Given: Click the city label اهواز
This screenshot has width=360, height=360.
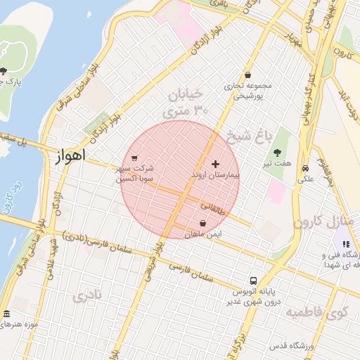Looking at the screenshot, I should click(x=68, y=155).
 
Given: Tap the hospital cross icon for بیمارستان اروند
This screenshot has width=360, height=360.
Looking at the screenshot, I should click(x=215, y=164).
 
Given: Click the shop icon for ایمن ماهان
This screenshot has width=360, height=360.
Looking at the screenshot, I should click(x=203, y=223).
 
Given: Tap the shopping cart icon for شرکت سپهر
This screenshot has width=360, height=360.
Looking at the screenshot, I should click(x=134, y=157).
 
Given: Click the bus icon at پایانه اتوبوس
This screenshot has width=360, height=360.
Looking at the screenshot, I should click(x=253, y=279).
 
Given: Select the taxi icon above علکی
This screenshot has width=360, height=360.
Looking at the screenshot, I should click(x=306, y=169).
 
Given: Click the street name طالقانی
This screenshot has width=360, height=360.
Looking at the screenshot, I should click(x=213, y=208).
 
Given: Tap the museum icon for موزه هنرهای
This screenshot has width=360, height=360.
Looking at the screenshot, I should click(x=7, y=314).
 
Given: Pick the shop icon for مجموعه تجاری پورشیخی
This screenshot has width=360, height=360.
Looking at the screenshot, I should click(x=247, y=75).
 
